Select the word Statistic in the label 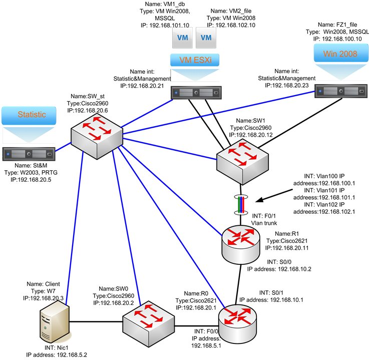[x=32, y=115]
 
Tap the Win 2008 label [x=340, y=54]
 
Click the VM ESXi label [x=195, y=60]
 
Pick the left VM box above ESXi [x=182, y=38]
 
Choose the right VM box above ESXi [x=206, y=38]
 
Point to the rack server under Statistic [x=29, y=154]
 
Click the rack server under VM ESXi [x=196, y=93]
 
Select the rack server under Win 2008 [x=340, y=91]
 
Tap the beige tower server [x=55, y=322]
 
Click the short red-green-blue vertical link [x=241, y=205]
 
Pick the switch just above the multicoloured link [x=242, y=162]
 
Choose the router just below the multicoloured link [x=241, y=244]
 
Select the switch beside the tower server [x=148, y=323]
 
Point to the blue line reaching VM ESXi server [x=145, y=113]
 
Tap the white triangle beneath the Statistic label [x=29, y=134]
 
